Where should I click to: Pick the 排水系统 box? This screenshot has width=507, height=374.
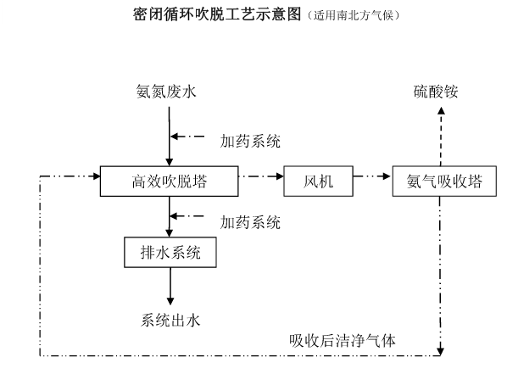point(170,251)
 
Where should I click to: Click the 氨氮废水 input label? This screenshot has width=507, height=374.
point(169,91)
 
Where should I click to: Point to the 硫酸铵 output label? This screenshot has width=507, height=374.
point(436,91)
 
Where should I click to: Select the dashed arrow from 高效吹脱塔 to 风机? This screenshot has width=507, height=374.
point(260,178)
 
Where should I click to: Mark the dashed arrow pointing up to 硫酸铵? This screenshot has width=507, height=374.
point(440,136)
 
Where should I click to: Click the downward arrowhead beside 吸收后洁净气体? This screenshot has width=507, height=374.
point(440,349)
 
